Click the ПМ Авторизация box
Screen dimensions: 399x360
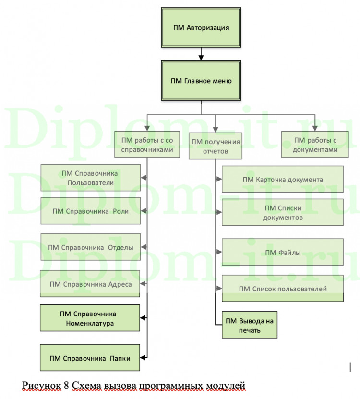click(201, 27)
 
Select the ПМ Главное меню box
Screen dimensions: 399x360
click(201, 81)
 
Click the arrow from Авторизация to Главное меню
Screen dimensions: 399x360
click(201, 53)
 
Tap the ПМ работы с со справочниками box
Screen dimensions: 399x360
click(147, 145)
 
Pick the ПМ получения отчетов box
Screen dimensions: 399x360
click(216, 146)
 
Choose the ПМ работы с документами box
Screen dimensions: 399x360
click(315, 145)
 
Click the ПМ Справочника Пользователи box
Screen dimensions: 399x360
click(91, 178)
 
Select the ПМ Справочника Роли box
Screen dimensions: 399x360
click(91, 210)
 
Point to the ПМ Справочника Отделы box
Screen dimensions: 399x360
click(91, 247)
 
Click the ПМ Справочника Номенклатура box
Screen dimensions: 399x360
click(90, 318)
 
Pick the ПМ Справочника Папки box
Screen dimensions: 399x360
click(90, 357)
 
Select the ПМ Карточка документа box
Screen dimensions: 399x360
click(283, 180)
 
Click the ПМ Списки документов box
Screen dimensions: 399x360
click(283, 212)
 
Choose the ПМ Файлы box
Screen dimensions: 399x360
click(283, 252)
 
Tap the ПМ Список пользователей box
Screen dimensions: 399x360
click(283, 289)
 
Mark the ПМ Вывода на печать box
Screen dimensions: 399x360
click(250, 325)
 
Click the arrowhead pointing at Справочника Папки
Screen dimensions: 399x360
click(143, 357)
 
